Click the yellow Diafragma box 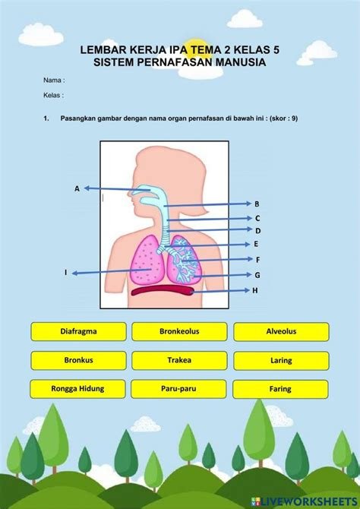click(x=78, y=331)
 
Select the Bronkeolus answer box click(x=179, y=331)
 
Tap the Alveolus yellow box click(x=282, y=332)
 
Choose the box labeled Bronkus click(x=78, y=360)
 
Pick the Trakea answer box click(x=179, y=360)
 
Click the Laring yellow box click(x=282, y=361)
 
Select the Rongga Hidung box click(x=78, y=389)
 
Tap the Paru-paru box click(x=179, y=389)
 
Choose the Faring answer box click(x=280, y=389)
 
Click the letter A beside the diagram click(x=77, y=188)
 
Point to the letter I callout click(x=65, y=273)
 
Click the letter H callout click(x=255, y=290)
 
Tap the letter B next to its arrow click(x=257, y=204)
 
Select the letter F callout click(x=257, y=260)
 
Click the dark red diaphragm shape click(x=163, y=290)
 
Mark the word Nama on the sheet click(x=52, y=81)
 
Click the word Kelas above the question click(x=52, y=96)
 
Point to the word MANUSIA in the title click(x=241, y=62)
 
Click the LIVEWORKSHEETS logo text click(x=308, y=501)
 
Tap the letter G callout click(x=257, y=275)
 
